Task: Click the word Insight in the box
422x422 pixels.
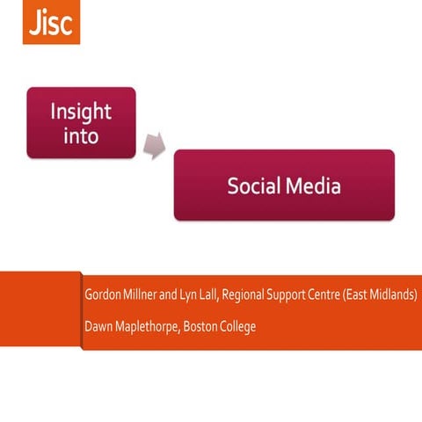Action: point(81,113)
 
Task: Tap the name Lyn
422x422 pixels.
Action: point(201,294)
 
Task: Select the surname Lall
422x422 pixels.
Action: point(222,294)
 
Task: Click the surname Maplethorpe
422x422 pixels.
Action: point(151,326)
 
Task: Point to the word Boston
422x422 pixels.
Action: point(208,326)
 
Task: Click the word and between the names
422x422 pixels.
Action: point(180,294)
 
